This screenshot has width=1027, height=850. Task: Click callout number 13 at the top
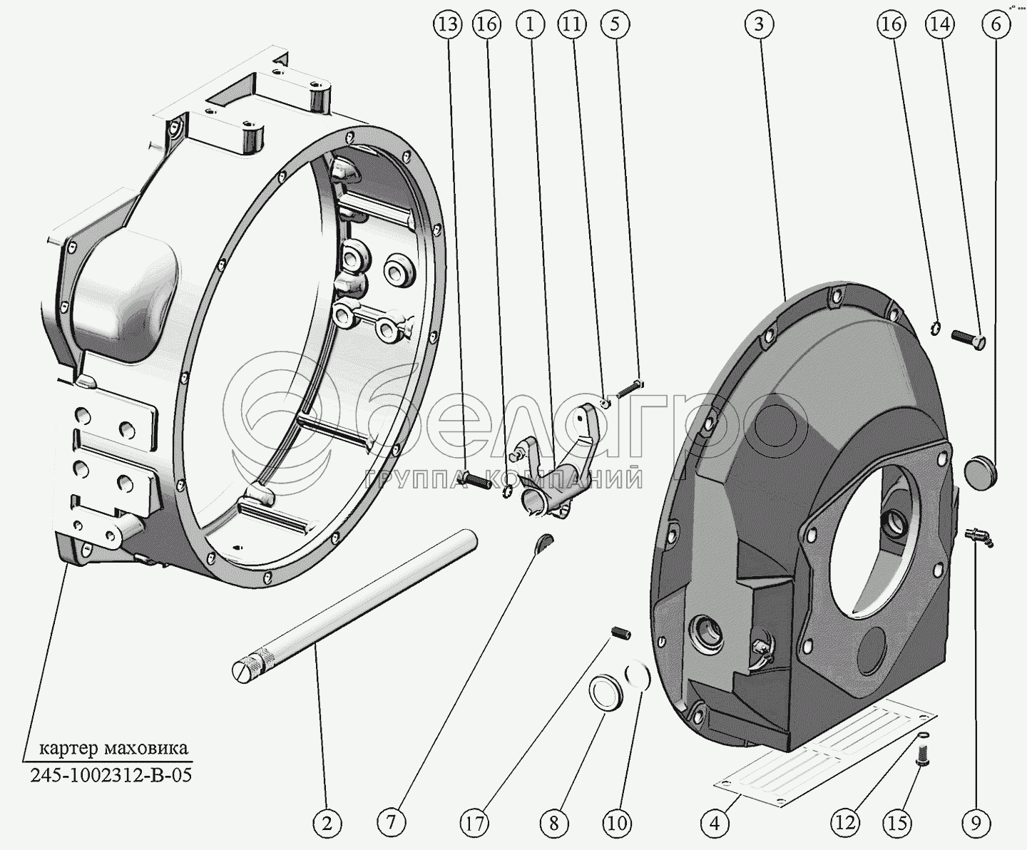point(448,24)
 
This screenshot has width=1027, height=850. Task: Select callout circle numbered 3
point(759,24)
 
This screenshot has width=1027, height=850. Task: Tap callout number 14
point(940,24)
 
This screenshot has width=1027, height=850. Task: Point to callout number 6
point(996,24)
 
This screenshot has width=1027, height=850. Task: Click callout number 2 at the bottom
point(327,823)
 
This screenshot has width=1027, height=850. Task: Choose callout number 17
point(476,823)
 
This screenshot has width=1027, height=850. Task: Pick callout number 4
point(715,823)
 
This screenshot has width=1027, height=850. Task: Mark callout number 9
point(976,823)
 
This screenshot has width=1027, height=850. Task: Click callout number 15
point(898,823)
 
